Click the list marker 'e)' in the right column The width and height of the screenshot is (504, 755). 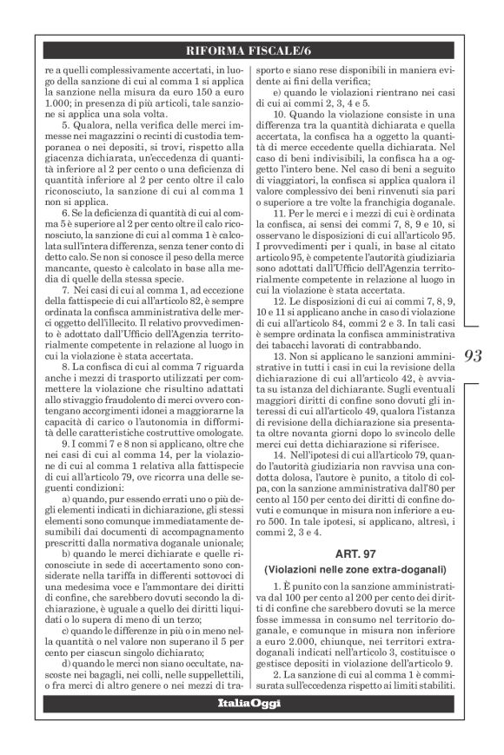275,91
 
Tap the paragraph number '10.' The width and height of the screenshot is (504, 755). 281,114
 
